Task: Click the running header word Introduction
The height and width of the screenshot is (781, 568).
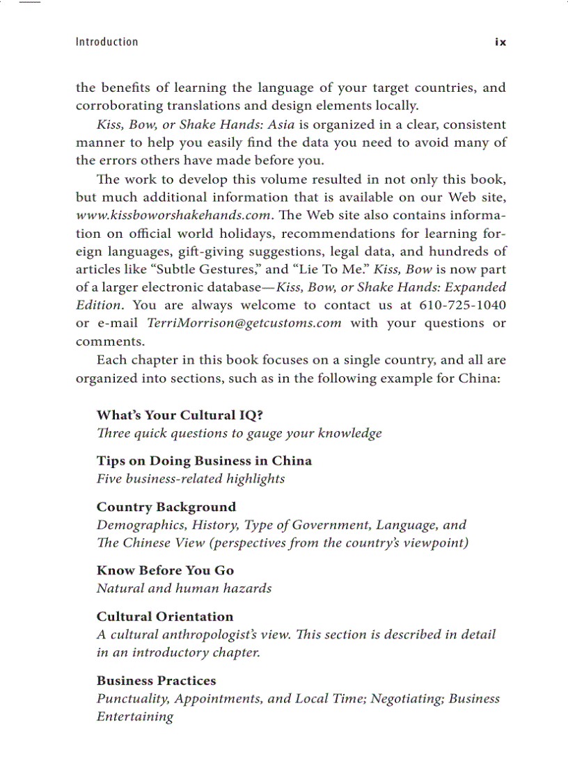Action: (x=106, y=42)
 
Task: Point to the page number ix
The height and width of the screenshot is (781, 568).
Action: (x=500, y=42)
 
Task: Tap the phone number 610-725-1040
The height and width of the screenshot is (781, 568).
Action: (x=463, y=305)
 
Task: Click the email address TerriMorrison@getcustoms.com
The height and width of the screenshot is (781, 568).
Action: (x=244, y=323)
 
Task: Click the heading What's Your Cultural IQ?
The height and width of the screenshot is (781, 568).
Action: (x=180, y=415)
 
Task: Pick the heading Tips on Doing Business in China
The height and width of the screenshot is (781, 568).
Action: (x=204, y=461)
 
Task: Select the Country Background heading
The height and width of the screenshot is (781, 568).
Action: (x=166, y=507)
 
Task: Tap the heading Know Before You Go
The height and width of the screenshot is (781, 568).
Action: (x=165, y=570)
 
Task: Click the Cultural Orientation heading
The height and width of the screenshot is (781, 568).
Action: (x=165, y=616)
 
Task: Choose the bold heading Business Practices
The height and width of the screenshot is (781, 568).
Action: (x=156, y=680)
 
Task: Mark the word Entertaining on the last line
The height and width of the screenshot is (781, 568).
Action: (x=134, y=717)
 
